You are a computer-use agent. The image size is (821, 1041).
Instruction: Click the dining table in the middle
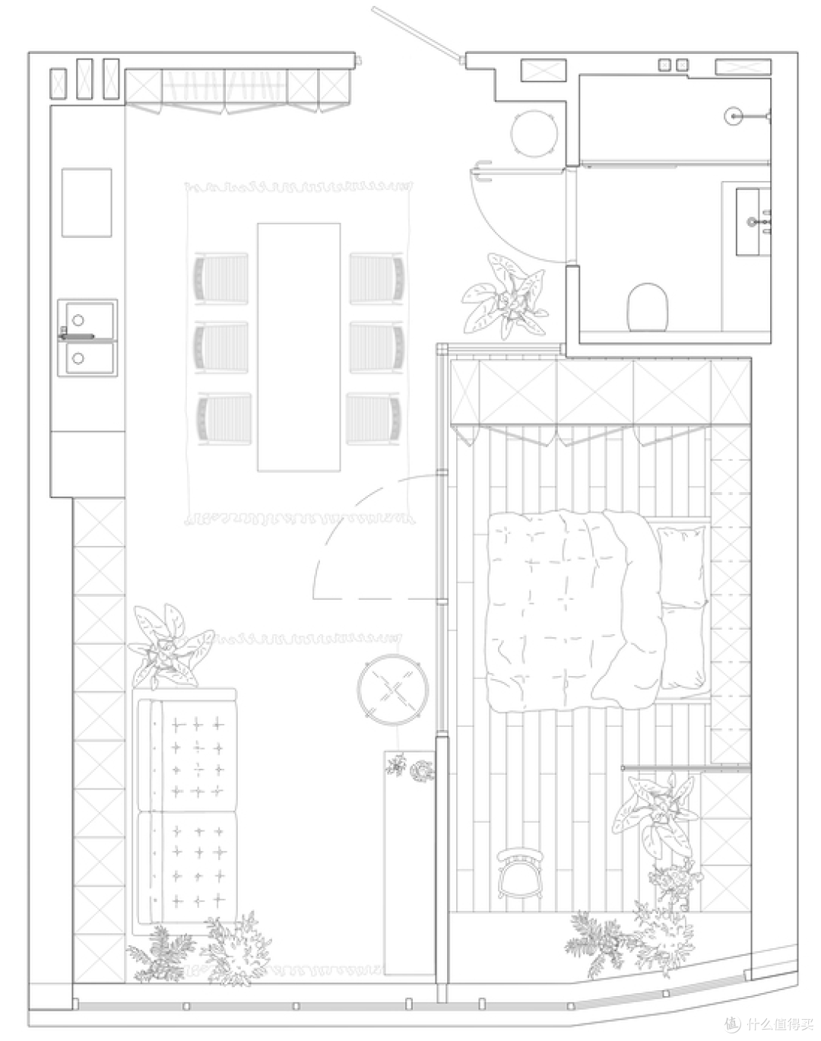[x=299, y=347]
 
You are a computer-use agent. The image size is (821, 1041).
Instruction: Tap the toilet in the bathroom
[x=648, y=308]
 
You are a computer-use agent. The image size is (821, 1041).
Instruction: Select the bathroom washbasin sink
[x=753, y=222]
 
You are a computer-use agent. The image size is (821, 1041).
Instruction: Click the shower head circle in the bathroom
[x=734, y=116]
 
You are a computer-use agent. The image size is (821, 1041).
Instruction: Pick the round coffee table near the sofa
[x=393, y=689]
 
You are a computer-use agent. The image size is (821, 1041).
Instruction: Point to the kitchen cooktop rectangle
[x=87, y=202]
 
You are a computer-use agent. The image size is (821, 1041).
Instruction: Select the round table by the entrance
[x=534, y=134]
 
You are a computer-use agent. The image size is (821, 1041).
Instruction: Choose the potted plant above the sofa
[x=169, y=646]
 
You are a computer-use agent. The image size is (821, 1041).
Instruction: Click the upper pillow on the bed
[x=681, y=567]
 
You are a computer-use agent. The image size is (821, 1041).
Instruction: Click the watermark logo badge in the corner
[x=731, y=1024]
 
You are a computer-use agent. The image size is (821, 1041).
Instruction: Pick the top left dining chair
[x=220, y=279]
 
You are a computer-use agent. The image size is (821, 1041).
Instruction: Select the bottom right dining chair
[x=374, y=418]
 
